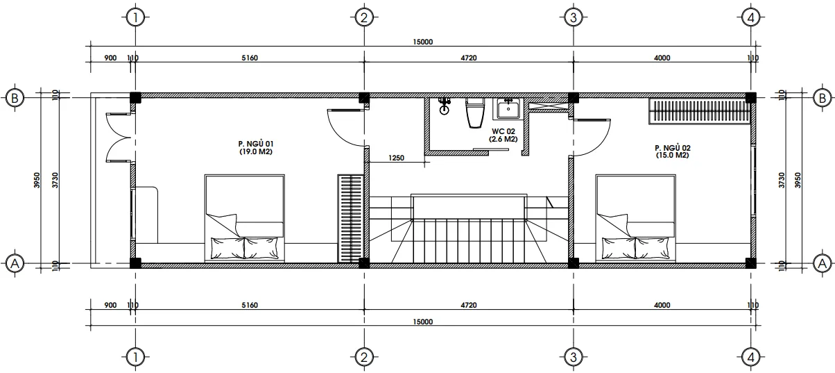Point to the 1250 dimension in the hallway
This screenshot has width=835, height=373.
[396, 158]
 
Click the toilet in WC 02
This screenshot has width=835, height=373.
[474, 113]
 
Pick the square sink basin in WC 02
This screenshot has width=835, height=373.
[508, 108]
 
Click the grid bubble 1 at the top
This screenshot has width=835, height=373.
[135, 17]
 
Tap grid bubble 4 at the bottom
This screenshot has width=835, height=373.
[751, 357]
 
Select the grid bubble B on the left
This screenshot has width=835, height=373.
[15, 98]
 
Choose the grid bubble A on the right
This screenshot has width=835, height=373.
[822, 264]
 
